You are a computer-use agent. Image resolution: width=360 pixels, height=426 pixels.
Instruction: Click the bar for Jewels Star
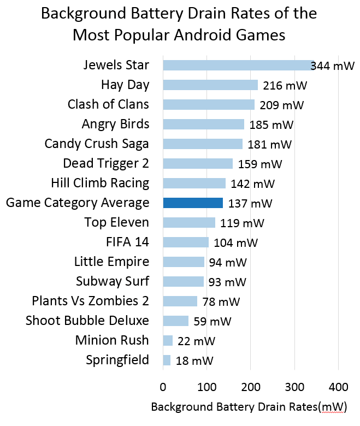click(x=238, y=66)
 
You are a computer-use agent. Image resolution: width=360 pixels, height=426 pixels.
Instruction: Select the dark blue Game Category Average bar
click(x=193, y=203)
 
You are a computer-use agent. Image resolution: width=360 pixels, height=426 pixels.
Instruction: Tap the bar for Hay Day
click(x=210, y=85)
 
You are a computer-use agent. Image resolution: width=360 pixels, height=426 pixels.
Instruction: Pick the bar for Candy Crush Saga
click(x=203, y=144)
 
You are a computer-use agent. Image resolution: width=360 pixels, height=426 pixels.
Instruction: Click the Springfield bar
click(x=167, y=360)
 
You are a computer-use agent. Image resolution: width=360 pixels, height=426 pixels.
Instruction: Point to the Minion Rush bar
click(x=168, y=341)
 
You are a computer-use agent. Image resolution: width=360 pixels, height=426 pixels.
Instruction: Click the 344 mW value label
click(x=333, y=67)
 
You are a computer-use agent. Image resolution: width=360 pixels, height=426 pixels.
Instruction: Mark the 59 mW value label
click(x=213, y=322)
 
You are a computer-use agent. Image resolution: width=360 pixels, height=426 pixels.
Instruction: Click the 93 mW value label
click(x=228, y=282)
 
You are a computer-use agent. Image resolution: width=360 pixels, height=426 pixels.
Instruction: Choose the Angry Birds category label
click(x=115, y=124)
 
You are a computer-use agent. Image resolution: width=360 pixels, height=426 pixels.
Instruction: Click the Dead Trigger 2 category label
click(x=106, y=163)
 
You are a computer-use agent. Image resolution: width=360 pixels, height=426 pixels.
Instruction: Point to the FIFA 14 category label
click(x=127, y=242)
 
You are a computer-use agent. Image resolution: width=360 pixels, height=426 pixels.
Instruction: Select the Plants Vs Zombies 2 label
click(x=90, y=301)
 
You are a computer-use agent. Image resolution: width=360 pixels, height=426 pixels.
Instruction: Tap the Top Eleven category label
click(x=116, y=222)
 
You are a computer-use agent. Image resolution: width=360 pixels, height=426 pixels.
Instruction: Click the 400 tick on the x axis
click(x=338, y=387)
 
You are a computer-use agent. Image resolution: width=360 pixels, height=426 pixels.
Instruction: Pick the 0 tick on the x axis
click(x=163, y=387)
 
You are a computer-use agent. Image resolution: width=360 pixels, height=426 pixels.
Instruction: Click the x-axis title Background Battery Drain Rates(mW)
click(x=249, y=407)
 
